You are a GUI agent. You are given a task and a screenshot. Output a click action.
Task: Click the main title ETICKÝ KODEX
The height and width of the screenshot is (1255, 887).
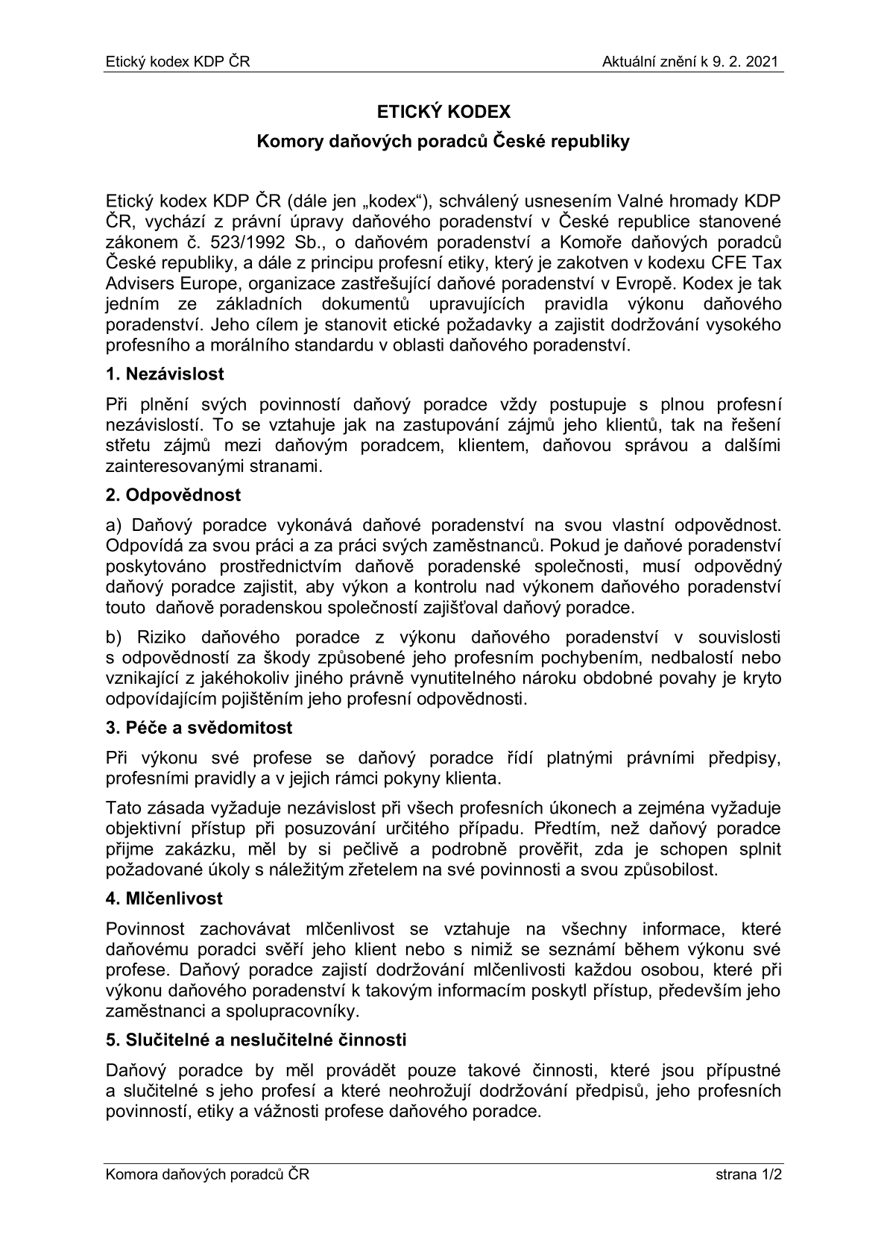pyautogui.click(x=443, y=112)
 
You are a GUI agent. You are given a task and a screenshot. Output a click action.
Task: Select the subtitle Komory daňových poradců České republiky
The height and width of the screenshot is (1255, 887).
pyautogui.click(x=443, y=142)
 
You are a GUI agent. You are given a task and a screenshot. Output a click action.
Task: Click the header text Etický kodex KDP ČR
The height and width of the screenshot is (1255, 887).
pyautogui.click(x=177, y=62)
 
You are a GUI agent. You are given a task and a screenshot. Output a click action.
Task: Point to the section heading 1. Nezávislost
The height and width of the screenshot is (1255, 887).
pyautogui.click(x=165, y=374)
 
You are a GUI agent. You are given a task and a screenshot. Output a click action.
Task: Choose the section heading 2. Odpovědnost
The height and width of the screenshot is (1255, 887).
pyautogui.click(x=174, y=494)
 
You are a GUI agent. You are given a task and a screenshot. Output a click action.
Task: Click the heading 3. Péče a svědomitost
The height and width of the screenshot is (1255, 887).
pyautogui.click(x=199, y=727)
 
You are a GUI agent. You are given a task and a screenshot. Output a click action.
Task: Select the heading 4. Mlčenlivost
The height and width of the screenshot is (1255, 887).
pyautogui.click(x=164, y=899)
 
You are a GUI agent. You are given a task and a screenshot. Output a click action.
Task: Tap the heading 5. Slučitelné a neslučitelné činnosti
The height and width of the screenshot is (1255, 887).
pyautogui.click(x=256, y=1039)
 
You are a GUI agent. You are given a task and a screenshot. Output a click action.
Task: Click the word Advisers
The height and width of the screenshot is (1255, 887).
pyautogui.click(x=136, y=284)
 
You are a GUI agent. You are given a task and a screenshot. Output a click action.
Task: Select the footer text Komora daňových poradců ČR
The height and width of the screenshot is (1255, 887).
pyautogui.click(x=207, y=1176)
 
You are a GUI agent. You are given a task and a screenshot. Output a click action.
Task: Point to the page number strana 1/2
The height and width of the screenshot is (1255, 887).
pyautogui.click(x=748, y=1176)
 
